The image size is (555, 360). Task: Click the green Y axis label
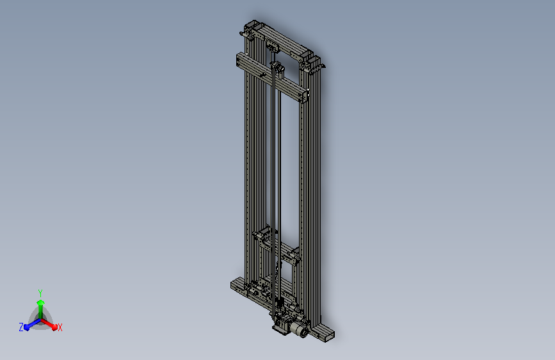40,293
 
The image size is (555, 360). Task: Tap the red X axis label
60,327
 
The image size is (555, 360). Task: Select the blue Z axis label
21,327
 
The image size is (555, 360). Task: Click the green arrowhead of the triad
41,302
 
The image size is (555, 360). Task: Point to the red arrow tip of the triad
54,326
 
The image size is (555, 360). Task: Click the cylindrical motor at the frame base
300,331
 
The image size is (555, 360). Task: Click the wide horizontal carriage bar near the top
271,77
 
